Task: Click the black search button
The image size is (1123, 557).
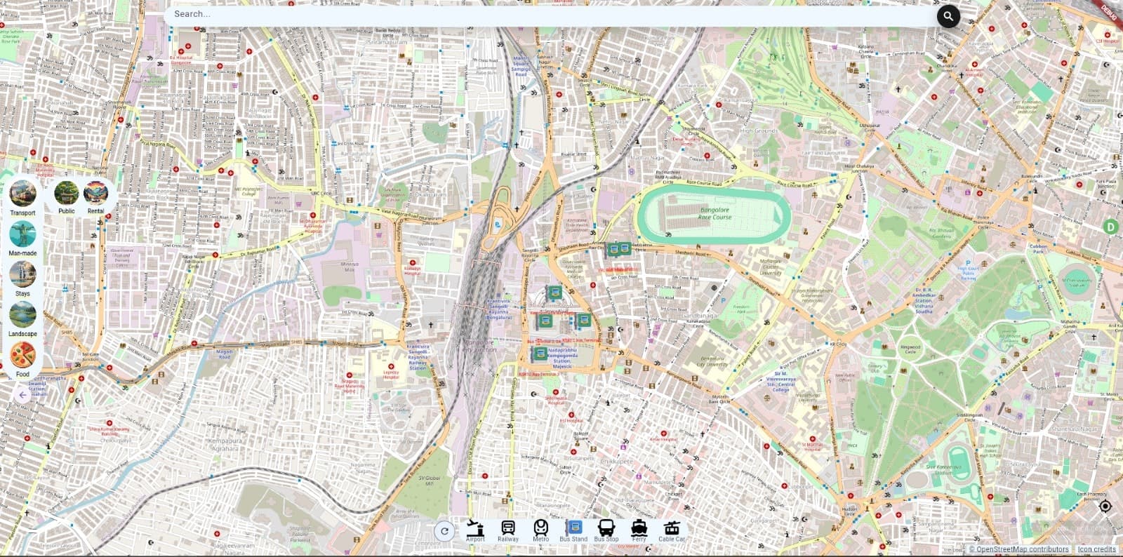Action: (948, 15)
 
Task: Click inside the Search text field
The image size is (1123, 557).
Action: (547, 14)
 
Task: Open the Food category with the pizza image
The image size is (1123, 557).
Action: (22, 355)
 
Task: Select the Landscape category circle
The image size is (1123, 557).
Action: (22, 315)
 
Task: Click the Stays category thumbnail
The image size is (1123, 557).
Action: (22, 274)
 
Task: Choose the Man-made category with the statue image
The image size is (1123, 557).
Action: (22, 234)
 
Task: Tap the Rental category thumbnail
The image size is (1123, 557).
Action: (95, 192)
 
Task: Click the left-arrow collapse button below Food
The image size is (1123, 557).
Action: (22, 395)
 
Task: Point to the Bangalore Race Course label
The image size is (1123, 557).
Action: (715, 213)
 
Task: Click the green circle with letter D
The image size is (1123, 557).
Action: (1110, 227)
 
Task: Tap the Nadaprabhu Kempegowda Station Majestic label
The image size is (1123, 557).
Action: (563, 358)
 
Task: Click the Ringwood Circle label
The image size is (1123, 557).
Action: (910, 349)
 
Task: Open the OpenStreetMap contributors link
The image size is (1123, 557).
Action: (1022, 549)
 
